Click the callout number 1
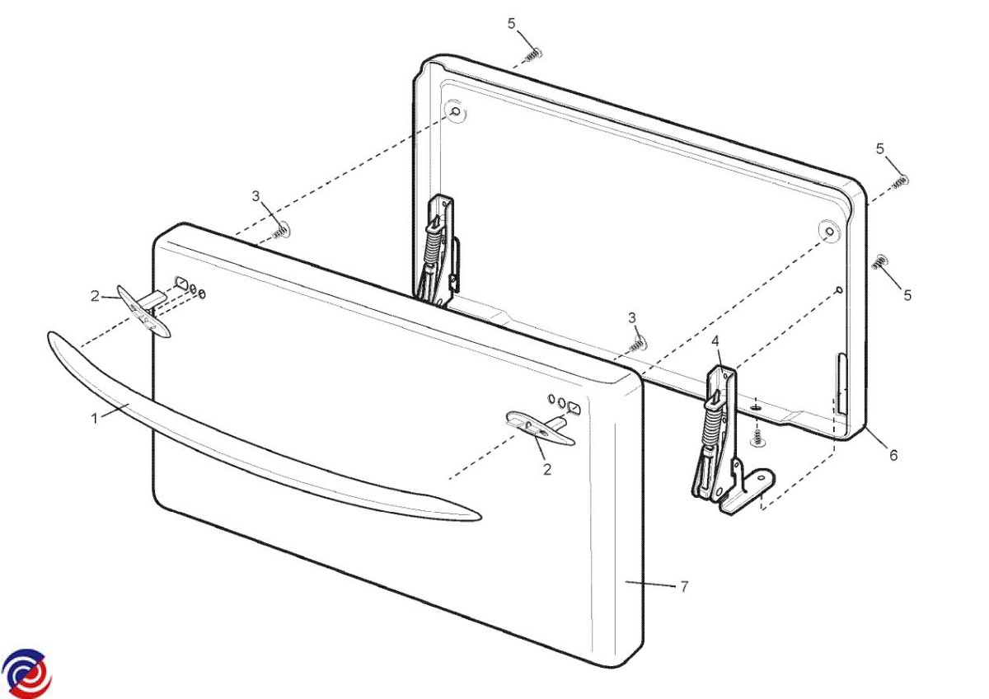[x=94, y=418]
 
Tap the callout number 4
[x=715, y=341]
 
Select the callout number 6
[x=893, y=455]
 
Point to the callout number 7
[x=684, y=586]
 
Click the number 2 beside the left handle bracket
[x=95, y=296]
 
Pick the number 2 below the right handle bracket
[x=547, y=469]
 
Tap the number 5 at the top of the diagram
[x=511, y=23]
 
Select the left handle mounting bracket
[x=144, y=311]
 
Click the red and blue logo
[x=26, y=673]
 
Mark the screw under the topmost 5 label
[x=533, y=55]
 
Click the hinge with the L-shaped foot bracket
[x=731, y=442]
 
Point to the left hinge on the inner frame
[x=438, y=251]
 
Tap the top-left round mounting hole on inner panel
[x=456, y=110]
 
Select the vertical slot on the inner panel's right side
[x=841, y=384]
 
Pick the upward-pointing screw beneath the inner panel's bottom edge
[x=757, y=439]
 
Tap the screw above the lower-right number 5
[x=879, y=262]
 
